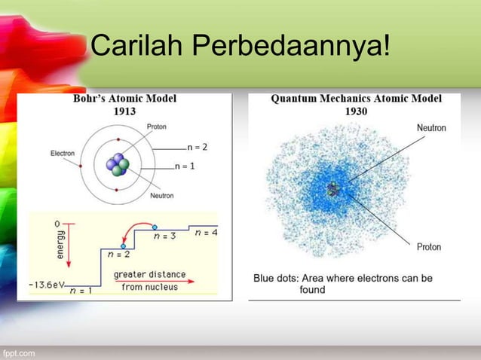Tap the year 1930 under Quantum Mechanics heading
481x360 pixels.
click(356, 110)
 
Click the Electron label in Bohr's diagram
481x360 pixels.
click(62, 153)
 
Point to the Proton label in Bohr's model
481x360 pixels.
click(157, 126)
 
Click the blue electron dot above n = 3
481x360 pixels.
click(155, 226)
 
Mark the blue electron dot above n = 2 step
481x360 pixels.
click(121, 246)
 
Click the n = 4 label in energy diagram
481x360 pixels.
click(206, 233)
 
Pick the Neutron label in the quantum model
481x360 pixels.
click(431, 128)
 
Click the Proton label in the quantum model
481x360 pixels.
click(429, 246)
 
